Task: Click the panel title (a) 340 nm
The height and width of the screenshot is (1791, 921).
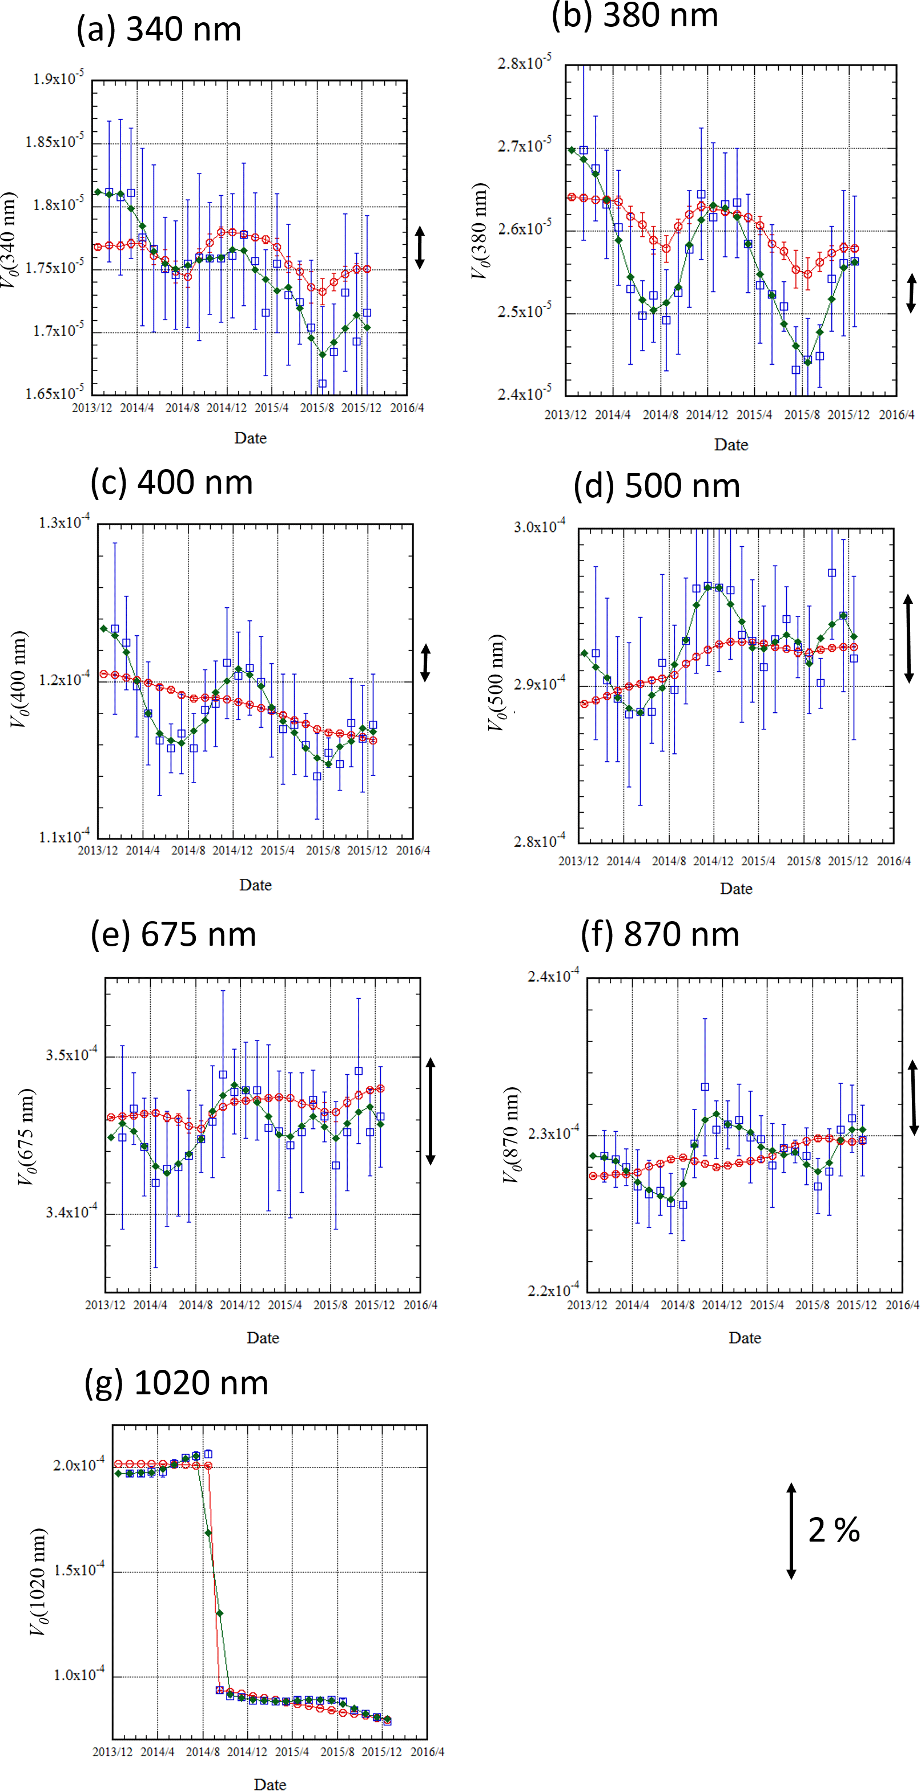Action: click(x=159, y=29)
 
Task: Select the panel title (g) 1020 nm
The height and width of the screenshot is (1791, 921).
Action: click(x=176, y=1383)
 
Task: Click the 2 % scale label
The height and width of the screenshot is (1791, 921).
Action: click(x=834, y=1530)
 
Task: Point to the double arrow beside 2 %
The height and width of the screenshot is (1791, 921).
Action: click(x=791, y=1530)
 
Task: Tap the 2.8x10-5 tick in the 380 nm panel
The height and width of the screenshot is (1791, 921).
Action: click(x=524, y=63)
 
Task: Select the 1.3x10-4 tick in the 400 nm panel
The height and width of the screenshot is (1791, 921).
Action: click(x=63, y=522)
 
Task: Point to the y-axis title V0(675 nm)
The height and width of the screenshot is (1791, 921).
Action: click(x=26, y=1136)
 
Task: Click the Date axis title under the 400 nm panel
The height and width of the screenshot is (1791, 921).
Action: click(x=255, y=885)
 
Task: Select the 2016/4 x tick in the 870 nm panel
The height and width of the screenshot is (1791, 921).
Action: click(x=902, y=1305)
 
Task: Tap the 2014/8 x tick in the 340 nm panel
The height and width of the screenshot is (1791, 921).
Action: click(x=182, y=408)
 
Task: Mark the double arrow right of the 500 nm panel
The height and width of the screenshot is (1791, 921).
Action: click(x=908, y=638)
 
